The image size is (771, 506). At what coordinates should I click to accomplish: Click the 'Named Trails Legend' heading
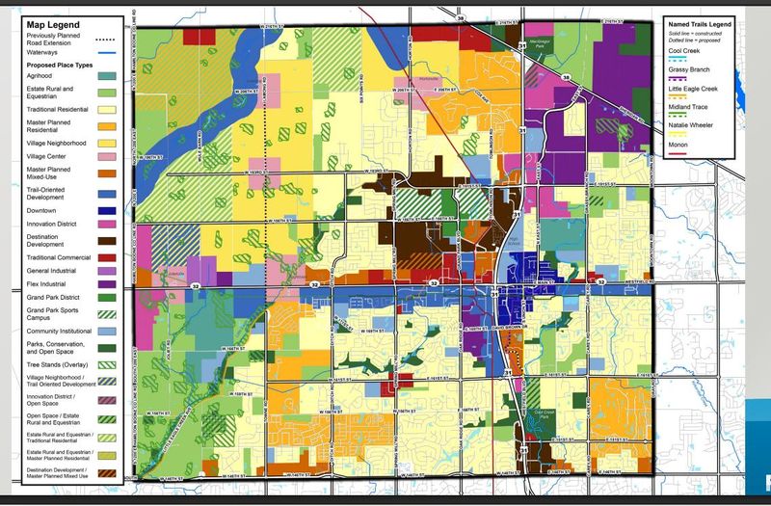click(702, 23)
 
